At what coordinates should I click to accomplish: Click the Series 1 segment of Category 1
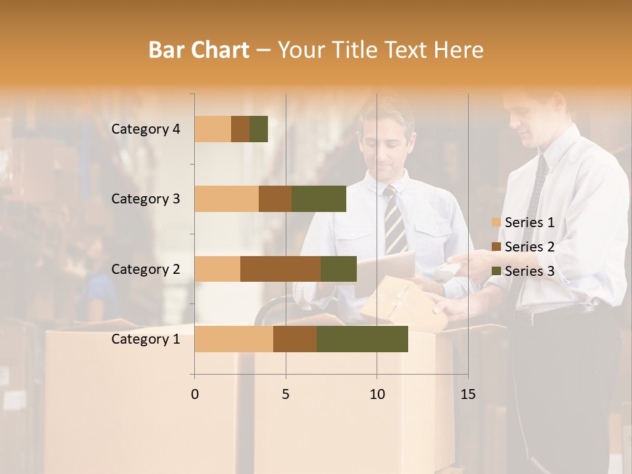pos(234,338)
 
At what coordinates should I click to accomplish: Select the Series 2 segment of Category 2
pos(280,269)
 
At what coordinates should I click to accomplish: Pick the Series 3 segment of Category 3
pos(319,199)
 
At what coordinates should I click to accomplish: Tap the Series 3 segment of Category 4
pos(259,129)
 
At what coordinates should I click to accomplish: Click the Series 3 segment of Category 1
pos(362,338)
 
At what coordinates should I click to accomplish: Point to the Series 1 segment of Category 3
pos(226,199)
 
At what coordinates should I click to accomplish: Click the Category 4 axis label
pos(145,129)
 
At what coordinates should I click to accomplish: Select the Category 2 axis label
pos(145,269)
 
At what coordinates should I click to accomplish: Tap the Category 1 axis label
pos(145,339)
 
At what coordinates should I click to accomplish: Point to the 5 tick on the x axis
pos(286,394)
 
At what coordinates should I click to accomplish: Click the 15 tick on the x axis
pos(467,394)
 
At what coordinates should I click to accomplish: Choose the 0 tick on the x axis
pos(195,394)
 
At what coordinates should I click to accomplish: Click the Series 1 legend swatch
pos(496,223)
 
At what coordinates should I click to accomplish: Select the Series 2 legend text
pos(529,247)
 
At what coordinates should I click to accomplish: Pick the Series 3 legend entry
pos(524,271)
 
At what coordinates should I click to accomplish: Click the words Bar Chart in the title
pos(199,50)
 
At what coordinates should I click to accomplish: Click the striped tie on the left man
pos(396,221)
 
